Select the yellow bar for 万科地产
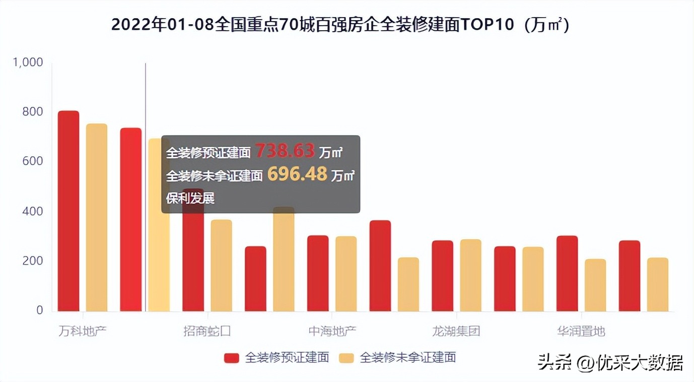click(97, 217)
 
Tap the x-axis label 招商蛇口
click(207, 332)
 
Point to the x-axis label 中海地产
click(332, 332)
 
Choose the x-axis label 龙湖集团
click(456, 332)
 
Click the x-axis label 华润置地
click(581, 332)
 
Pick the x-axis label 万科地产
click(83, 332)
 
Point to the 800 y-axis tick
click(33, 112)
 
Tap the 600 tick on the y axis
click(33, 161)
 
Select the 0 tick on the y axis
click(39, 310)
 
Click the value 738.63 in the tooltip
click(285, 151)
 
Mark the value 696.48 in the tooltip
click(297, 174)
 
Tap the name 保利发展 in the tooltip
click(190, 198)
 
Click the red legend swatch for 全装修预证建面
click(232, 358)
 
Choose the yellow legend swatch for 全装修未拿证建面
click(346, 358)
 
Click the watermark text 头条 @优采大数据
click(610, 362)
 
